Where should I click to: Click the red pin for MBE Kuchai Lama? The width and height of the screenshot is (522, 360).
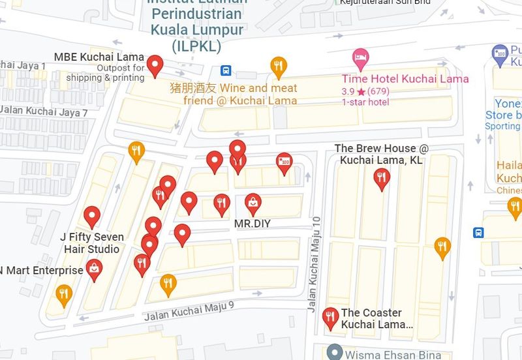tap(155, 65)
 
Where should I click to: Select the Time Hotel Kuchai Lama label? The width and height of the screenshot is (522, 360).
tap(405, 79)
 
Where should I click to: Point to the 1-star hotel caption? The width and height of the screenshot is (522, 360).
tap(365, 102)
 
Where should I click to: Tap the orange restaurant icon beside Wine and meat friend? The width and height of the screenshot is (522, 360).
tap(279, 65)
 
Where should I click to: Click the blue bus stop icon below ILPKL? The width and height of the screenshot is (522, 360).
tap(226, 70)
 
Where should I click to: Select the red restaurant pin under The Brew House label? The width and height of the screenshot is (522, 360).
tap(381, 178)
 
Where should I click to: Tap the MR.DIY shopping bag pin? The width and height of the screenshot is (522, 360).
tap(253, 203)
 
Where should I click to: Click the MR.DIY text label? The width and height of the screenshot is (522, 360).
tap(253, 224)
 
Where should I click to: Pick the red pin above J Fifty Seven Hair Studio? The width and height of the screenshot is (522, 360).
tap(92, 216)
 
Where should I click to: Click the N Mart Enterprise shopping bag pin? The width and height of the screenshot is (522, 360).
tap(95, 269)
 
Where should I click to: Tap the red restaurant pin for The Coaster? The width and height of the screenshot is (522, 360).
tap(331, 318)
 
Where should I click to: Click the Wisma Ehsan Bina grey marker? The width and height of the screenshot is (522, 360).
tap(335, 353)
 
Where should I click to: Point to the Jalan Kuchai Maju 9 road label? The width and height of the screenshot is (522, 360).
tap(189, 310)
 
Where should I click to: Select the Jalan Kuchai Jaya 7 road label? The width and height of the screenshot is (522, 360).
tap(44, 112)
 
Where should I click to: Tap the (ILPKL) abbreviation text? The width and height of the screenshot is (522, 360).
tap(196, 46)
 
